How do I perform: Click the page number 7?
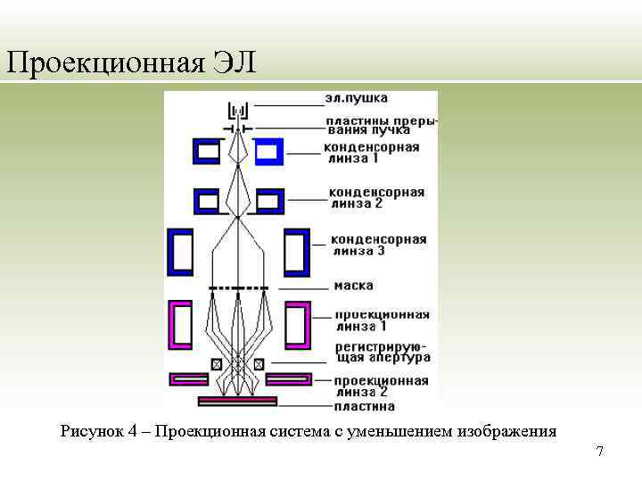coord(600,452)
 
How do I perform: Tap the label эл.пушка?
coord(356,97)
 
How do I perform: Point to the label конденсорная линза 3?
coord(378,245)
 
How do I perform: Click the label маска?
coord(354,286)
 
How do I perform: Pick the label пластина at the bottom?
coord(366,406)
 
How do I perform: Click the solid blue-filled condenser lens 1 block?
coord(268,152)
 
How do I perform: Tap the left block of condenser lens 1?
coord(207,152)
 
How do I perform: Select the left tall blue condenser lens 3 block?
coord(181,253)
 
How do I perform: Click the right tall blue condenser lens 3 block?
coord(296,253)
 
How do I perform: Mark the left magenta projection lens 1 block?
coord(181,324)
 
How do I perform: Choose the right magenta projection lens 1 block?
coord(297,324)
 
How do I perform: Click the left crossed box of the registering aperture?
coord(217,363)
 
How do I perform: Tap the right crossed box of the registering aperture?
coord(259,363)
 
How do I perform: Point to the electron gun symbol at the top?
coord(238,111)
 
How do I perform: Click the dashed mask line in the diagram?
coord(238,288)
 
